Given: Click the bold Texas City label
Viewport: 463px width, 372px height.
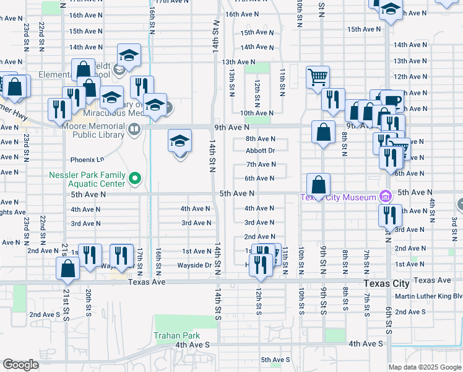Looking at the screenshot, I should (387, 283).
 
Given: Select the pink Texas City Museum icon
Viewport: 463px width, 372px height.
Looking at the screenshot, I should (386, 197).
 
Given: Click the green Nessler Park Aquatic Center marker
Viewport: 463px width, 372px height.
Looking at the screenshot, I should (135, 179).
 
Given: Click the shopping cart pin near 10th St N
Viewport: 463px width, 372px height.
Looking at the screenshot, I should (318, 77).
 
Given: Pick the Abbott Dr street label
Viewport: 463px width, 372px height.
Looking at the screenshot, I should (260, 151).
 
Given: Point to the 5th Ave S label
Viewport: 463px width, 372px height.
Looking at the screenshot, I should (275, 360).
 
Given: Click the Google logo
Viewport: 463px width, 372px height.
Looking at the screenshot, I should (20, 365).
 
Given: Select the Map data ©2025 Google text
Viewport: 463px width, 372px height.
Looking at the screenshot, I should (424, 367).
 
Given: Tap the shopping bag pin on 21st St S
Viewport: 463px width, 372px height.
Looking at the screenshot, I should (68, 269).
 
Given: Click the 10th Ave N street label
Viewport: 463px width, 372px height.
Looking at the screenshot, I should (257, 113).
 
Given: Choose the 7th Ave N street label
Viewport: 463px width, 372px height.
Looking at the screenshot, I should (261, 165).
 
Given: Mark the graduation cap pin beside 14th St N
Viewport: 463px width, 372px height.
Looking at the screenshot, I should (180, 141).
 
